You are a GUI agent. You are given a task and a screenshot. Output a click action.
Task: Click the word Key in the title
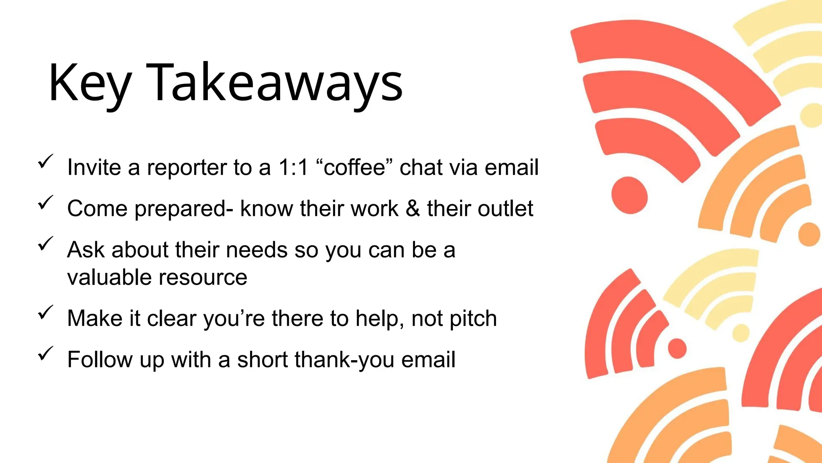tap(89, 84)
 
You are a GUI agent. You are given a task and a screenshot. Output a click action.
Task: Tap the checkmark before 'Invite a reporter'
tap(45, 162)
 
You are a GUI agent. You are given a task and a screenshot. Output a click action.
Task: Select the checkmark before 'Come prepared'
tap(45, 203)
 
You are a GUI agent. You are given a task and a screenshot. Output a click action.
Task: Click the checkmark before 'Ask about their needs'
tap(45, 244)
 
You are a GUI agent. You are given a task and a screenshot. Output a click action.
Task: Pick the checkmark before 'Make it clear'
tap(45, 313)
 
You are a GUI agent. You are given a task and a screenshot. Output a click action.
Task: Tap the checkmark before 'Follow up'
tap(45, 354)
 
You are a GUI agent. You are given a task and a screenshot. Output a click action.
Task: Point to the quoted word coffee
tap(354, 167)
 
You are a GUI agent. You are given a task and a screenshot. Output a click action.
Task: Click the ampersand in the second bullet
tap(413, 209)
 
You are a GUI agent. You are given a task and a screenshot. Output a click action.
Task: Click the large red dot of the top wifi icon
tap(629, 195)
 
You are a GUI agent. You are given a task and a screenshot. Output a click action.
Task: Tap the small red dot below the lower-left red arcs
tap(677, 348)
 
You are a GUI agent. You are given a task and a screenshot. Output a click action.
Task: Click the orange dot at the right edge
tap(809, 234)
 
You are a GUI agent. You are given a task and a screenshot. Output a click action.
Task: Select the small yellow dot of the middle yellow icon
tap(741, 333)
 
